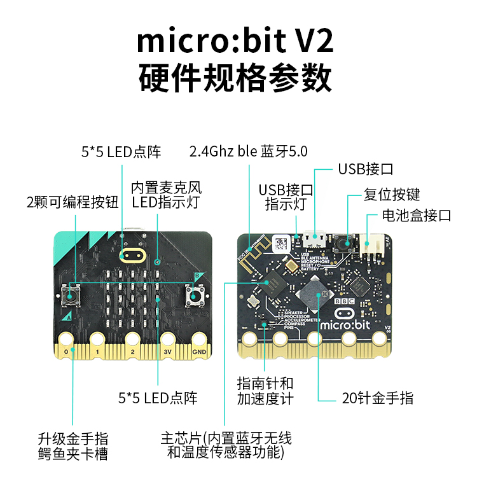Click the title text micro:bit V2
[235, 42]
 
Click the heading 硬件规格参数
[235, 79]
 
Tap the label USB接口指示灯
[286, 197]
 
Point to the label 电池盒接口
[417, 215]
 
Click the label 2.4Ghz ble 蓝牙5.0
[248, 151]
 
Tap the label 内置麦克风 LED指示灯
[166, 195]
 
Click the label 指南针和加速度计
[265, 391]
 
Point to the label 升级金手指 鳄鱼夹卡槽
[73, 446]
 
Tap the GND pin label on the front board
[199, 351]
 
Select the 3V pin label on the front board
[167, 351]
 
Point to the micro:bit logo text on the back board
[344, 324]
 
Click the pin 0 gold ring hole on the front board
[66, 337]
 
